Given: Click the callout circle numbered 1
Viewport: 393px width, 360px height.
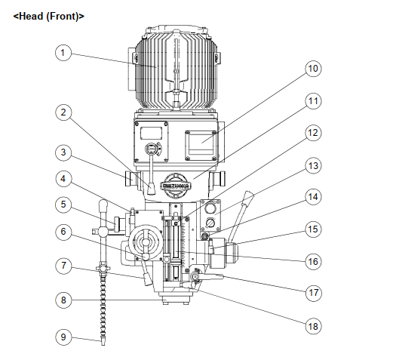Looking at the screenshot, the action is coord(63,53).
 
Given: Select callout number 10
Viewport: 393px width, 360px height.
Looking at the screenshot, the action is coord(313,69).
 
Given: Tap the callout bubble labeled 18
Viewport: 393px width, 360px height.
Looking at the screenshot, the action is coord(313,326).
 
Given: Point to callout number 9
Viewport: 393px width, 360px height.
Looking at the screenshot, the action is coord(63,337).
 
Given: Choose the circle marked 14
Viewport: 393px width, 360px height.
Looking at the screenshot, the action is coord(313,197).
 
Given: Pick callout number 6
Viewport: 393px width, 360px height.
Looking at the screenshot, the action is coord(63,232).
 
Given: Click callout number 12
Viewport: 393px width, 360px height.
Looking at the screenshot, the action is coord(313,133).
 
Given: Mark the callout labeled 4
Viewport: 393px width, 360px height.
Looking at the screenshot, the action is coord(63,179).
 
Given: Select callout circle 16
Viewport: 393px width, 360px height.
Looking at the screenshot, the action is coord(313,262).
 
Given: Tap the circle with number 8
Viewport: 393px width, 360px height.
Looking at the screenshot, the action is coord(63,300).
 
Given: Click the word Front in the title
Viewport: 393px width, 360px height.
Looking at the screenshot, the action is coord(63,17).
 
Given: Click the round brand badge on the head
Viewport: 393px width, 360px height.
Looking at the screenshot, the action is coord(176,186).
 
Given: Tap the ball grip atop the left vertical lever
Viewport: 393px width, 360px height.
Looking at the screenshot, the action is coord(103,205).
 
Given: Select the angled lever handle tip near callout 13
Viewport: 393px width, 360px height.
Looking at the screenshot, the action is coord(248,195).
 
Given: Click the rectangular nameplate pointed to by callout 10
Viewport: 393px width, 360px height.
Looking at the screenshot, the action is coord(201,143).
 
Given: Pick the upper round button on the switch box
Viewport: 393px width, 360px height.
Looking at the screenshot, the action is coord(210,208).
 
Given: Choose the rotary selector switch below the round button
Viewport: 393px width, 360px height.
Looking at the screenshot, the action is coord(210,223).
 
